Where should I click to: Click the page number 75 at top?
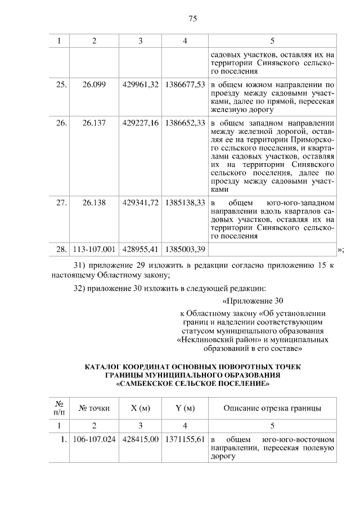pyautogui.click(x=192, y=19)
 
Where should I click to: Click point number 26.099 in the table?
pyautogui.click(x=94, y=84)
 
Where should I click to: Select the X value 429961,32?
pyautogui.click(x=139, y=84)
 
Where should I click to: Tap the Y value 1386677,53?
pyautogui.click(x=184, y=84)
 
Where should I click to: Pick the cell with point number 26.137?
pyautogui.click(x=94, y=122)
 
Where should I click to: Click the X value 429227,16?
pyautogui.click(x=139, y=122)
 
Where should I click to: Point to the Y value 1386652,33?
pyautogui.click(x=184, y=122)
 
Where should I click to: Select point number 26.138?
pyautogui.click(x=94, y=202)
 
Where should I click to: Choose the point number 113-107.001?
pyautogui.click(x=94, y=249)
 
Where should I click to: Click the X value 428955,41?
pyautogui.click(x=139, y=249)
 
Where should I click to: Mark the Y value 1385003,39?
pyautogui.click(x=184, y=249)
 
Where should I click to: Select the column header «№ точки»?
pyautogui.click(x=94, y=408)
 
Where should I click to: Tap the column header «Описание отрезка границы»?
pyautogui.click(x=272, y=408)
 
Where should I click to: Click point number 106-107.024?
pyautogui.click(x=94, y=439)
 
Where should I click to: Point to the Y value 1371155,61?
pyautogui.click(x=184, y=439)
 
